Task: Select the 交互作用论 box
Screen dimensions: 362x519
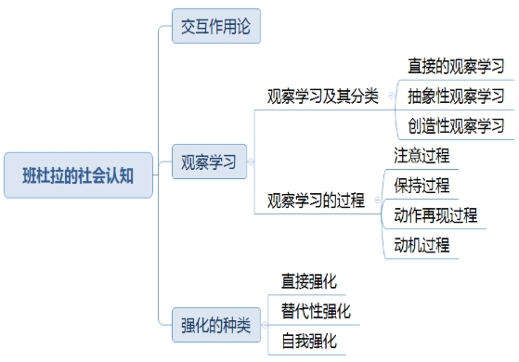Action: click(x=216, y=25)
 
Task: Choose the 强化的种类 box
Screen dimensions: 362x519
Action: click(x=216, y=325)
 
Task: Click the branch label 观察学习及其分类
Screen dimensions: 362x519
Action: click(x=322, y=96)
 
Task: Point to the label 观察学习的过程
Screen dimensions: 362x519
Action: click(x=315, y=200)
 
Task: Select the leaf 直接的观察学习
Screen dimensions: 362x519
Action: click(x=456, y=66)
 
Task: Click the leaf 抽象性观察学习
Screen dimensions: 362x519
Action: click(x=456, y=96)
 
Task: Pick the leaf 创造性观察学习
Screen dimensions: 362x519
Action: click(x=456, y=125)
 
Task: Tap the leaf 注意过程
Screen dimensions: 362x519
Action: click(x=422, y=155)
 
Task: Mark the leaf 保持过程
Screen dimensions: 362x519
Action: click(x=422, y=185)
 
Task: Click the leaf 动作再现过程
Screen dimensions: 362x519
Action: click(x=435, y=215)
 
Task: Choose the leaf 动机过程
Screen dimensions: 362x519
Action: click(x=422, y=245)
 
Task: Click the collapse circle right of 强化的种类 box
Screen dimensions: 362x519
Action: click(x=265, y=325)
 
